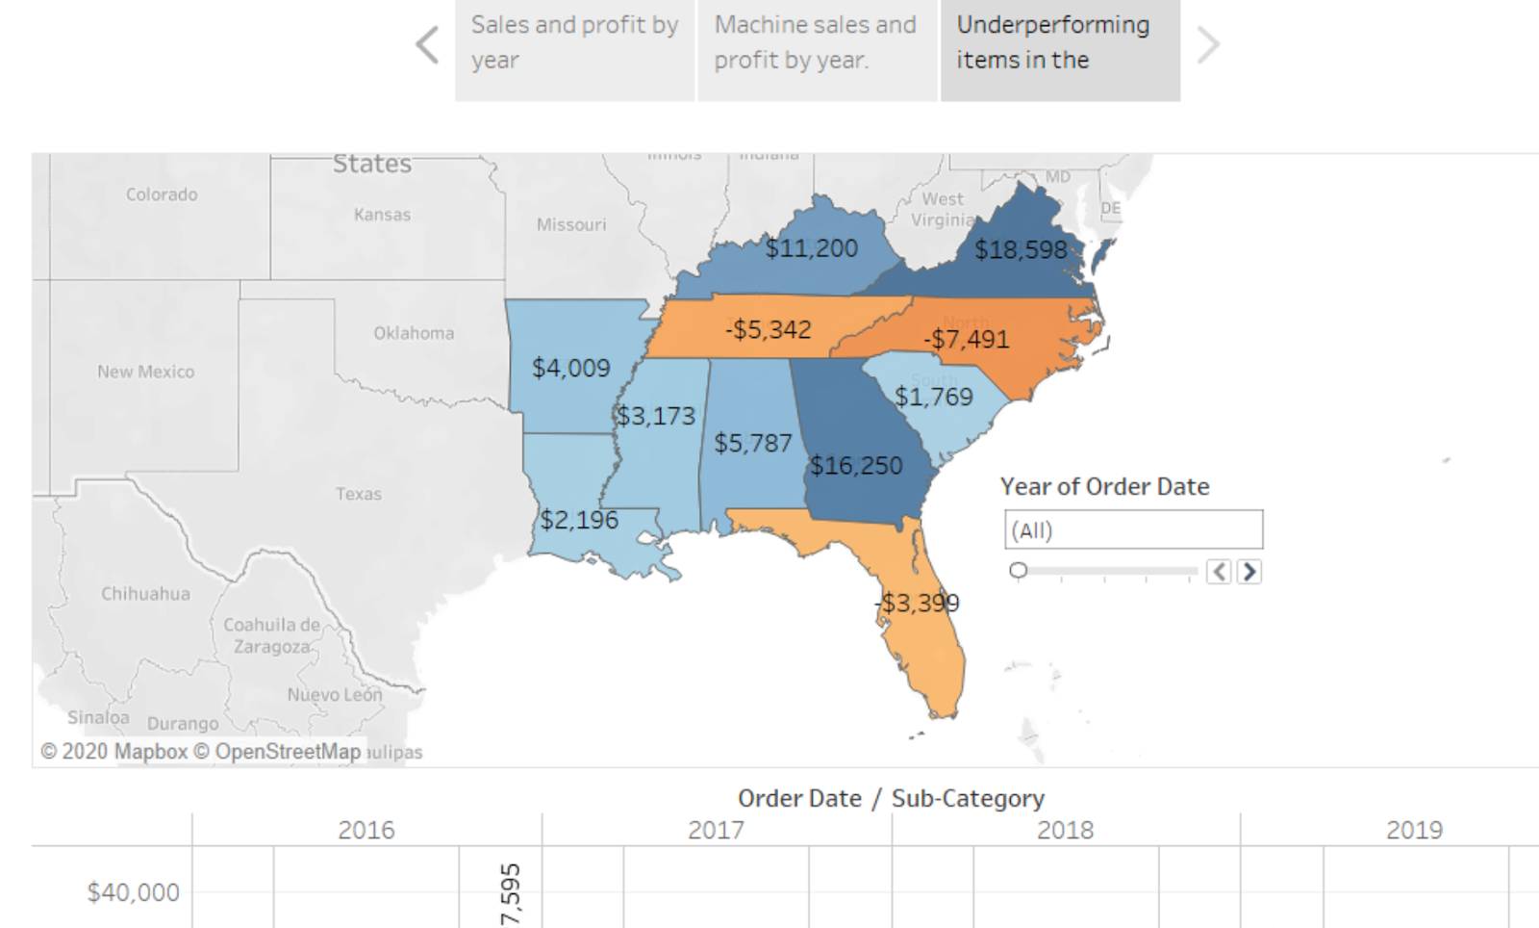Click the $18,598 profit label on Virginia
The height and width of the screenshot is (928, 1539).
pos(1021,250)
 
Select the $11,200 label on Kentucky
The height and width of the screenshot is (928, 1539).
pos(811,248)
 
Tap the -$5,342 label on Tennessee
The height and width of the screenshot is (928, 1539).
pos(768,329)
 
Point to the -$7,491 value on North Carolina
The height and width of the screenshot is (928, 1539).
pos(966,339)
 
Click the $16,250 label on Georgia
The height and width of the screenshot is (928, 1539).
pos(855,466)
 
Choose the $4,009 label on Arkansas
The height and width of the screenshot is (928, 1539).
pos(570,368)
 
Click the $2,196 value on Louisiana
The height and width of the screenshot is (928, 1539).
pos(578,521)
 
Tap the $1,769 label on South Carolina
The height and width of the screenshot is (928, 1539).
pos(933,397)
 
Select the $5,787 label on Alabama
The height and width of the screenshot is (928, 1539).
pos(752,444)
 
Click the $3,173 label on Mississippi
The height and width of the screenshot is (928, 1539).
pos(655,416)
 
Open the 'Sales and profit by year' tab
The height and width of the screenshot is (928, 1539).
pos(574,43)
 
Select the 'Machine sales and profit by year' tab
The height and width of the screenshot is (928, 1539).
pos(817,43)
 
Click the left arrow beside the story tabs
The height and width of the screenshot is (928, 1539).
pos(427,44)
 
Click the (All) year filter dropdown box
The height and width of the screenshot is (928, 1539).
pos(1133,530)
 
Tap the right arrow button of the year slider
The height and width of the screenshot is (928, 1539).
pos(1249,572)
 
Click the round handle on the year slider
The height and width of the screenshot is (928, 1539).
pos(1019,571)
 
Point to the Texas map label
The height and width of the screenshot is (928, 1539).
pos(358,494)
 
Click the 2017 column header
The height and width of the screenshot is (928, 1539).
pos(716,830)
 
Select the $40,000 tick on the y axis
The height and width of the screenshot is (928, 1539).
pos(133,892)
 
